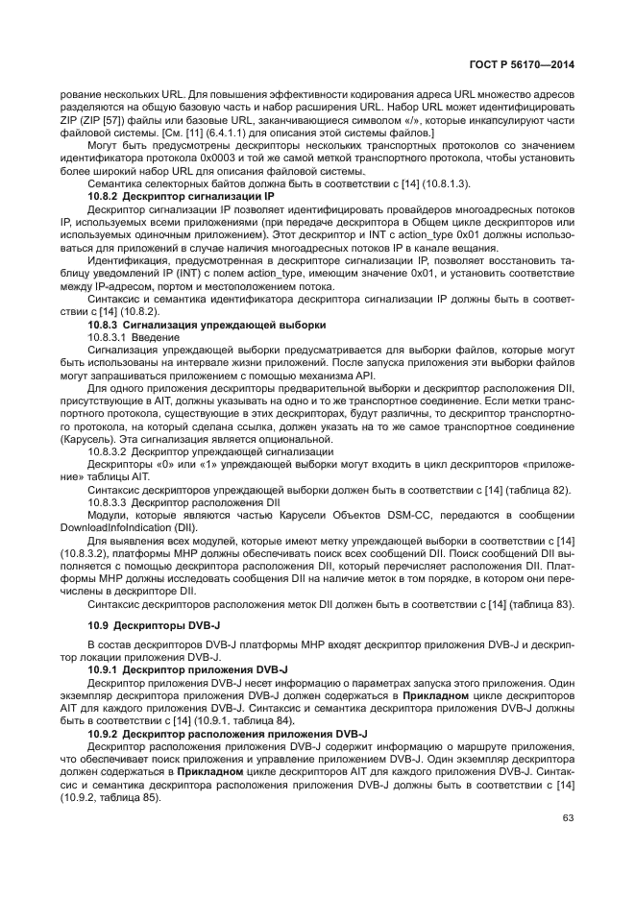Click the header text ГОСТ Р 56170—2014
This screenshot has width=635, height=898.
click(523, 64)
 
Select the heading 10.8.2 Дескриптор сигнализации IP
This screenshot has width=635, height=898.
click(181, 195)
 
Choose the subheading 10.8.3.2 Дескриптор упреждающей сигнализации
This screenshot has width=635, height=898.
click(210, 450)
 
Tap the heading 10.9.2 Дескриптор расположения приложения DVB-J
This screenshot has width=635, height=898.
click(221, 732)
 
